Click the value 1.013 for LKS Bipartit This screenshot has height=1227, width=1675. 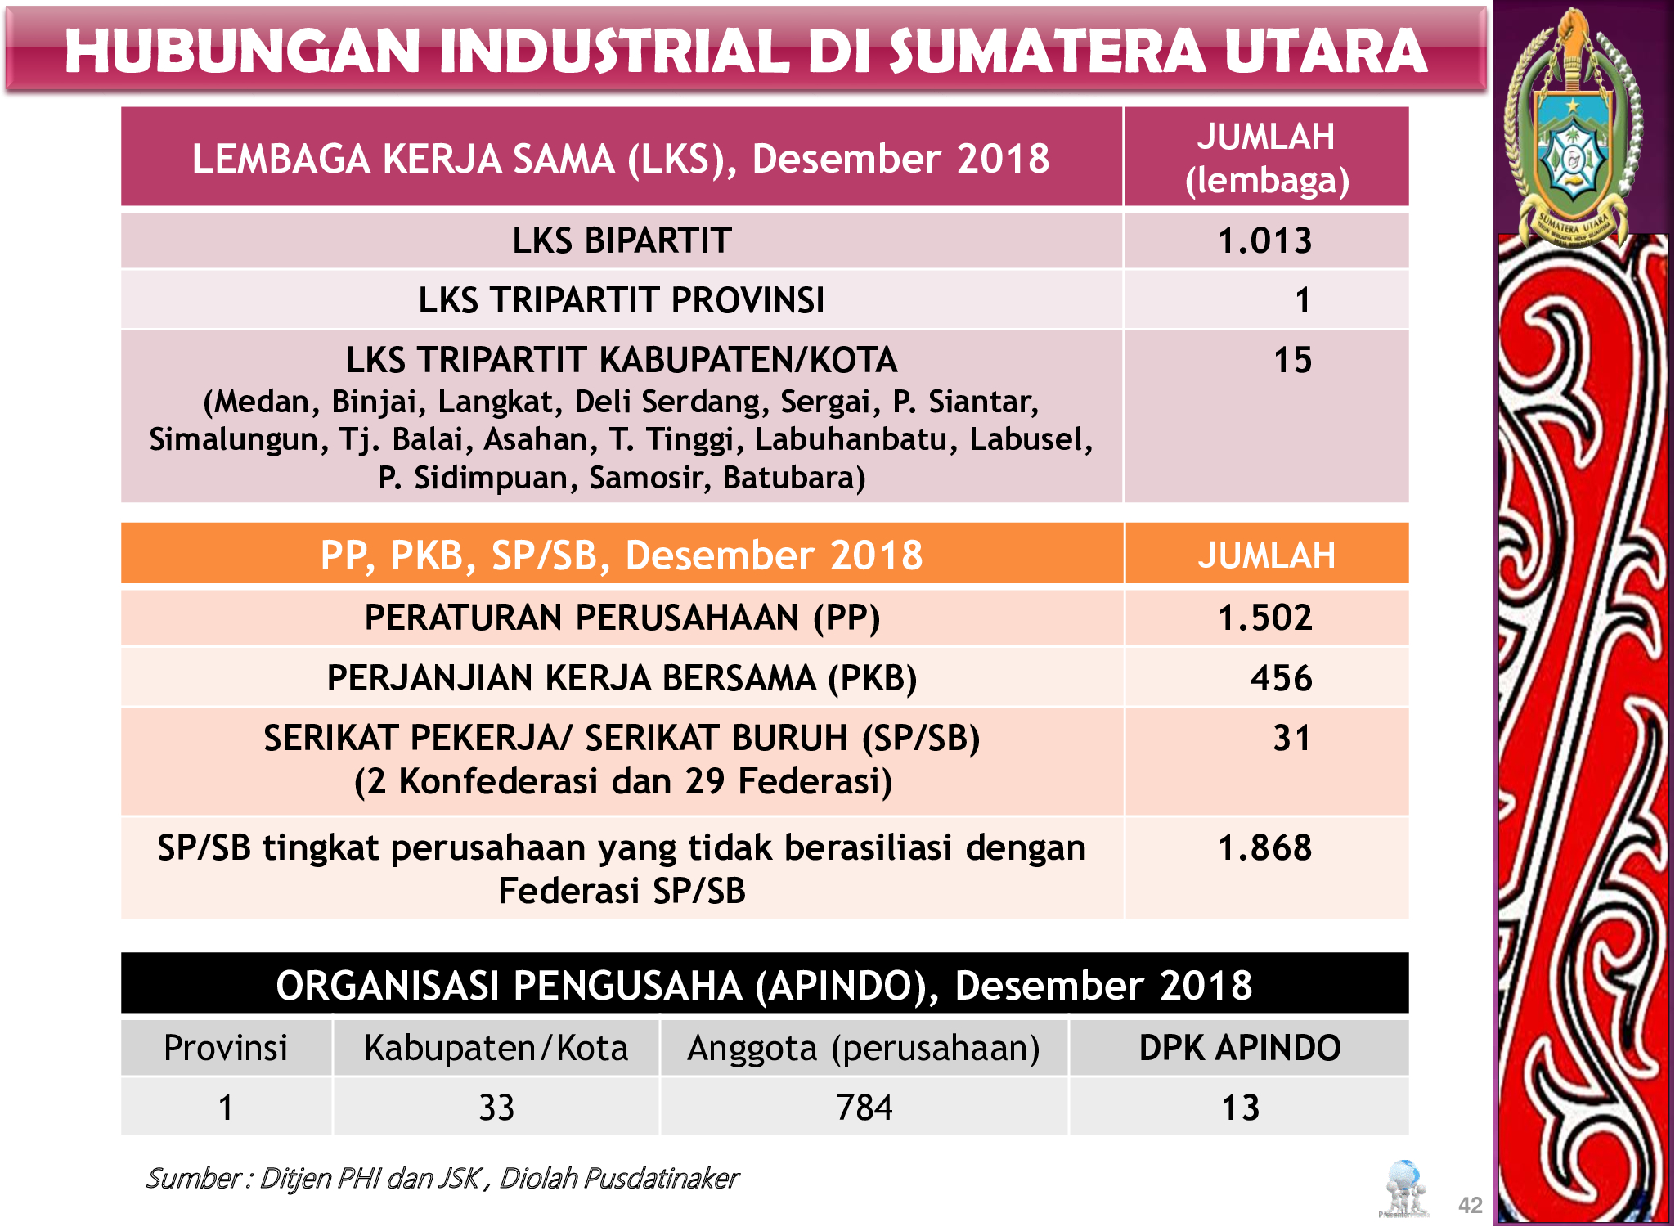click(x=1264, y=241)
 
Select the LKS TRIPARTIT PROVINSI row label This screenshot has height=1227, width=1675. click(x=622, y=300)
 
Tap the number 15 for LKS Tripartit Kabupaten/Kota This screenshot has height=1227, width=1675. click(x=1292, y=361)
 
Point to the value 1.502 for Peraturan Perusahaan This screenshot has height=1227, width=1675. click(x=1264, y=618)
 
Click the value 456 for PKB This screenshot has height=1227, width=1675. click(x=1281, y=679)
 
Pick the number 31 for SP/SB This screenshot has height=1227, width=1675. click(x=1292, y=739)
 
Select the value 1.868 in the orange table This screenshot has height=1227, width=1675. click(x=1264, y=848)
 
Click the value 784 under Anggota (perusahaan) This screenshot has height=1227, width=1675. click(x=864, y=1108)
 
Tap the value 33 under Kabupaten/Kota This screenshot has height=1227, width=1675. click(x=496, y=1108)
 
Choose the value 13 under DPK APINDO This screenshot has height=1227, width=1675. click(x=1240, y=1108)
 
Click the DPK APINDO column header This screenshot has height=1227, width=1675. click(x=1240, y=1048)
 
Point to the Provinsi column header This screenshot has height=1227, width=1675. click(x=226, y=1048)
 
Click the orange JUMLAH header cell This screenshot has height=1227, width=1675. click(x=1266, y=555)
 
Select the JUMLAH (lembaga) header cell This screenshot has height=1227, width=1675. click(x=1266, y=158)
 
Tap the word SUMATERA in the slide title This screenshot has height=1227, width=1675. click(x=1048, y=51)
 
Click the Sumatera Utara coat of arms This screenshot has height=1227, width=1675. click(x=1573, y=131)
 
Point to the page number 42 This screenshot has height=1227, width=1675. click(x=1470, y=1205)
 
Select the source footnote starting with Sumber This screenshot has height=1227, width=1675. click(x=442, y=1178)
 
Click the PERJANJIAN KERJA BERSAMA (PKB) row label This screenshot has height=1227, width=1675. click(x=622, y=679)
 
